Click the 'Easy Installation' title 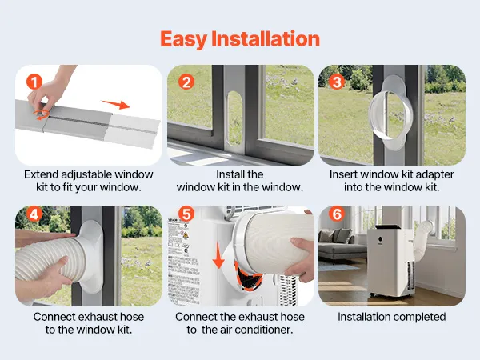[x=240, y=39]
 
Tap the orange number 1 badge [x=34, y=82]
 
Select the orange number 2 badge [x=186, y=82]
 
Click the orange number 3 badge [x=337, y=82]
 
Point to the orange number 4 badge [x=34, y=214]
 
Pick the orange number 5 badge [x=186, y=214]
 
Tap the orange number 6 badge [x=337, y=214]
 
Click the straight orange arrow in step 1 [x=116, y=104]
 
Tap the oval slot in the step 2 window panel [x=235, y=118]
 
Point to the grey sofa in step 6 [x=340, y=245]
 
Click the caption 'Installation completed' [x=392, y=317]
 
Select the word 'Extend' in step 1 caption [x=42, y=174]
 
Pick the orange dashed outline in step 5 [x=248, y=276]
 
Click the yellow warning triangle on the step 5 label [x=186, y=234]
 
